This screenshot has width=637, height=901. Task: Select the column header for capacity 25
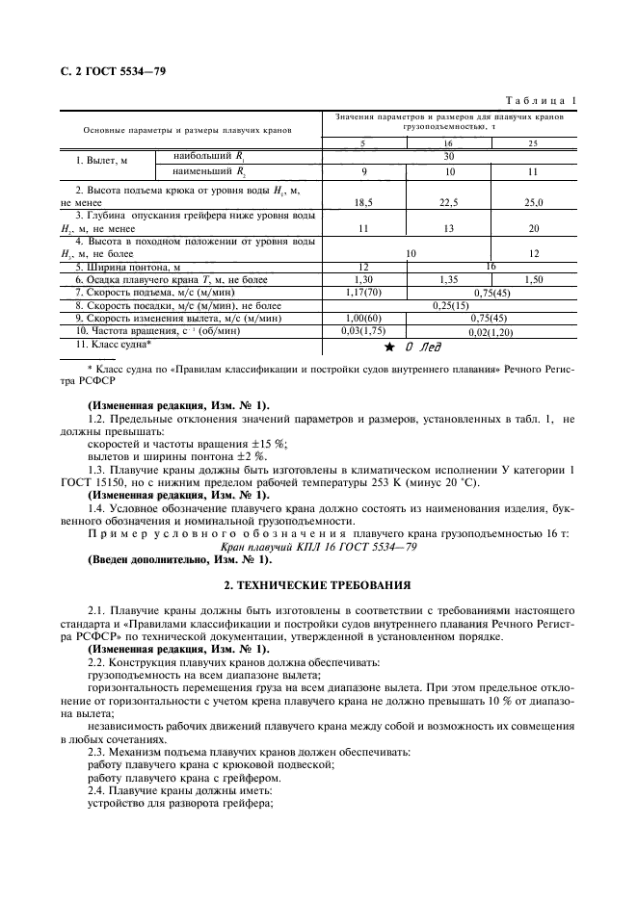click(533, 142)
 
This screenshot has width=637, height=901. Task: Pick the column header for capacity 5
click(362, 142)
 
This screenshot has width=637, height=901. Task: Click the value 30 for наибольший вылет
click(448, 155)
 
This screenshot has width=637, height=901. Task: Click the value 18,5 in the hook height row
click(363, 202)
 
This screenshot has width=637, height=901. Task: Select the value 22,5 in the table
click(448, 202)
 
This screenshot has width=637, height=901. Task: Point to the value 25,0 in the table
click(533, 202)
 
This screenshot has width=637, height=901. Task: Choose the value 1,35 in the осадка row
click(448, 278)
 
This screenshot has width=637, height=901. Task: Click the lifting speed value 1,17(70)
click(363, 291)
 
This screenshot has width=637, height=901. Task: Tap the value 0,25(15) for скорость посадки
click(448, 304)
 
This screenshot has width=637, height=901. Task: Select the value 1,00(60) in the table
click(363, 317)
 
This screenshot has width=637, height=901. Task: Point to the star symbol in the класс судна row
click(389, 345)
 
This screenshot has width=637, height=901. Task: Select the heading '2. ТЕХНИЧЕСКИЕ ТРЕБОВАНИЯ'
click(317, 584)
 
